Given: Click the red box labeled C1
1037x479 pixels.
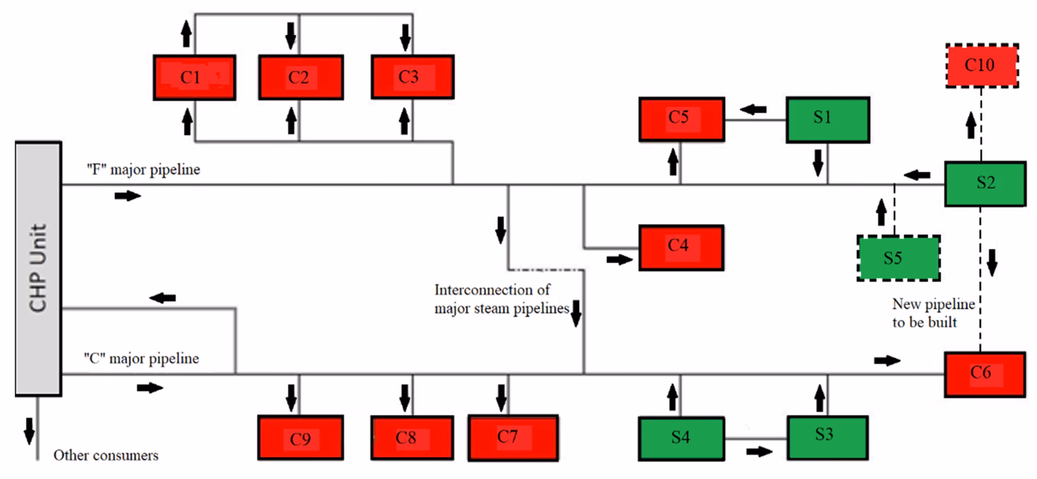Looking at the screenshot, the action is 194,78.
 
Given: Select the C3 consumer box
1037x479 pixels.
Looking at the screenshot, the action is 413,77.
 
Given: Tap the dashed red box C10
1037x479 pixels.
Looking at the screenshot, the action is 982,66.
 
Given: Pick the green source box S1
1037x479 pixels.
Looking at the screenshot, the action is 828,120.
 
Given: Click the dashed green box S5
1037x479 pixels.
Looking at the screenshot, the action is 899,258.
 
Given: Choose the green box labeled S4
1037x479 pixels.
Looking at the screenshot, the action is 682,438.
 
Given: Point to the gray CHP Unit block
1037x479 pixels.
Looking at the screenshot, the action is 38,269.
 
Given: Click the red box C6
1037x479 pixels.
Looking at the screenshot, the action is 985,374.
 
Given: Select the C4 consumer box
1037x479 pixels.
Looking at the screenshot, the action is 682,248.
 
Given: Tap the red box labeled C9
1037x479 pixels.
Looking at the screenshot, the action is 300,437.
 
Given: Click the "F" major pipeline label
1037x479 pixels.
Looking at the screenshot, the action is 143,169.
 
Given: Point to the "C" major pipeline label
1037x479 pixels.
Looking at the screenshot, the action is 142,358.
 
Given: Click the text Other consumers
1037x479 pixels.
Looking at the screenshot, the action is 106,455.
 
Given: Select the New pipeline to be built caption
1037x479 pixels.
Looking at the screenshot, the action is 933,313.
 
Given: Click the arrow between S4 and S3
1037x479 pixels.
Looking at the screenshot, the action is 759,451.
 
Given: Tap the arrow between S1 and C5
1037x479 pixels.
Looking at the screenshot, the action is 753,110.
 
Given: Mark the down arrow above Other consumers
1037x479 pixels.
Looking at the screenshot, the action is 30,430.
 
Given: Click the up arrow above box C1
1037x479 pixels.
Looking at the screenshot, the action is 186,33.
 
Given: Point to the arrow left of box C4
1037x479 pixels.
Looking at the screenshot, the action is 619,260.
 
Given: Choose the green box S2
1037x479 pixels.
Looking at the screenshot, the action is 985,183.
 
